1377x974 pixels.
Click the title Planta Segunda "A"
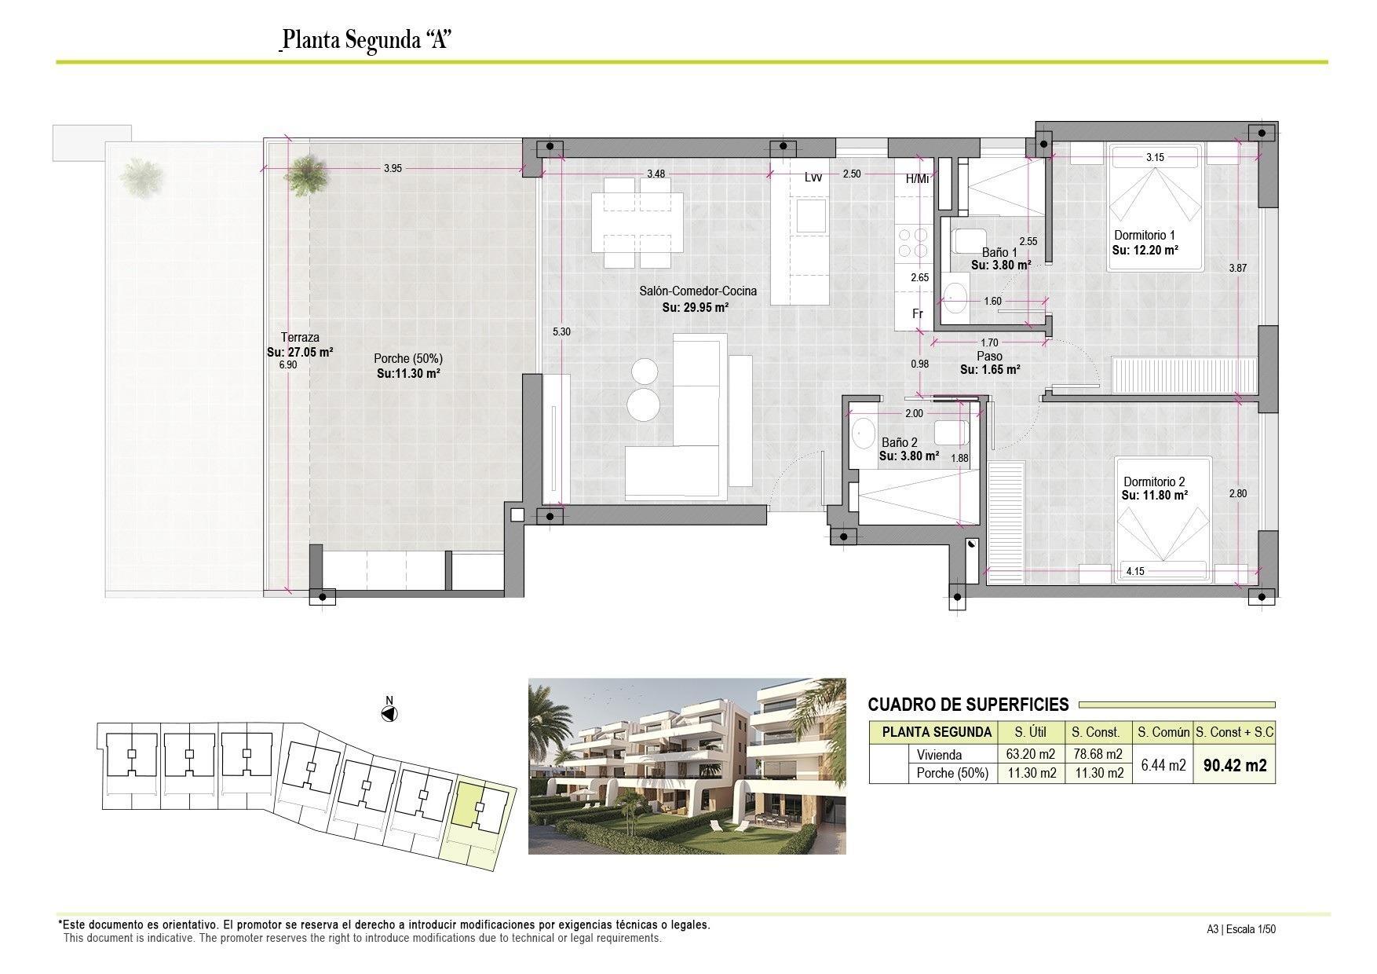[x=365, y=39]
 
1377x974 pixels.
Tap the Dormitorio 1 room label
[x=1145, y=236]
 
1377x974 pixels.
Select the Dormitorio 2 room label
[x=1154, y=482]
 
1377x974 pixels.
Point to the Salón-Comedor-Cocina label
[x=697, y=291]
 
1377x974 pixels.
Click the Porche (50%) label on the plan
[x=407, y=358]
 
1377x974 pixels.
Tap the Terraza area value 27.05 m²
[x=300, y=353]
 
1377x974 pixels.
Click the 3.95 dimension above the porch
[x=393, y=168]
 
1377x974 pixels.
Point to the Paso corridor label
[x=989, y=356]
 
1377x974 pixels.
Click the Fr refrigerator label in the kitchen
[x=917, y=313]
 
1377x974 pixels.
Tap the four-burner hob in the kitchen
[x=911, y=242]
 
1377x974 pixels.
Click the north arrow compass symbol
[x=389, y=713]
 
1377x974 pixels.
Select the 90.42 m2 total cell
[x=1234, y=765]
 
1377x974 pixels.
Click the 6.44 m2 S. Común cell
[x=1162, y=764]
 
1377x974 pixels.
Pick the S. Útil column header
[x=1031, y=732]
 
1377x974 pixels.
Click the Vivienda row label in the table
[x=939, y=755]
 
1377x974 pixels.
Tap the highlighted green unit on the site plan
[x=469, y=803]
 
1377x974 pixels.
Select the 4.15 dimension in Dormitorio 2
[x=1134, y=571]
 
